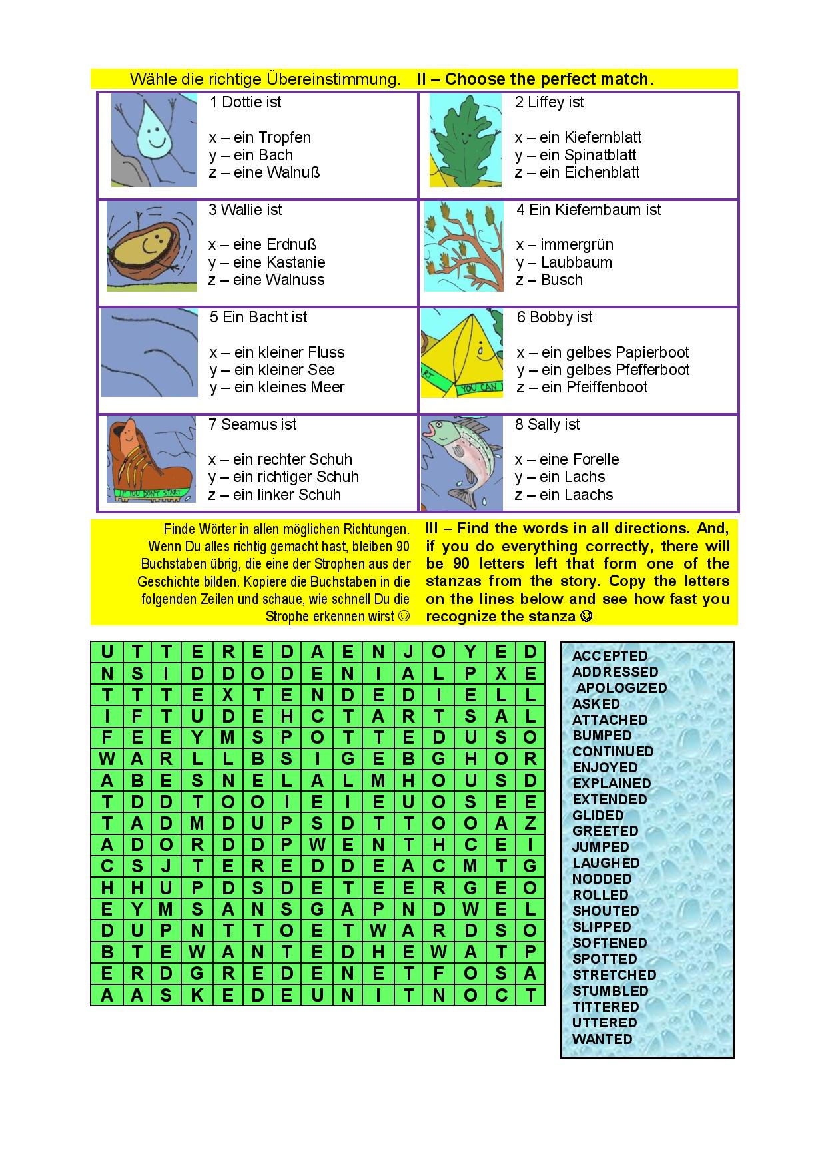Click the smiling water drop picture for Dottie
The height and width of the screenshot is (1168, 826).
pyautogui.click(x=154, y=139)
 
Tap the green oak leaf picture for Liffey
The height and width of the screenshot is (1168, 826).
pyautogui.click(x=465, y=141)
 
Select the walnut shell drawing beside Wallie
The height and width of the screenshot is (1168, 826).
pyautogui.click(x=151, y=246)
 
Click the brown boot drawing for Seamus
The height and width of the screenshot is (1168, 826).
pyautogui.click(x=151, y=459)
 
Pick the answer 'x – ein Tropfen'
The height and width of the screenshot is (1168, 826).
pyautogui.click(x=260, y=138)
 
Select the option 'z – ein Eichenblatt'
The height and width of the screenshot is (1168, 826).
pyautogui.click(x=577, y=173)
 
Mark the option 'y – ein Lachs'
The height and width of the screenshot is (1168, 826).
pyautogui.click(x=560, y=477)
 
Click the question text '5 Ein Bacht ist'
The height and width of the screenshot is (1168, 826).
pyautogui.click(x=258, y=318)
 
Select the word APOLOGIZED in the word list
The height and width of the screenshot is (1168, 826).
pyautogui.click(x=621, y=688)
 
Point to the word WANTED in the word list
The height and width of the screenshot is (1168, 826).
pyautogui.click(x=602, y=1039)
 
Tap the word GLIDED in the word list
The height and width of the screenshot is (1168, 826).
pyautogui.click(x=598, y=816)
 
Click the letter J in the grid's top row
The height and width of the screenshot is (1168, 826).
pyautogui.click(x=408, y=652)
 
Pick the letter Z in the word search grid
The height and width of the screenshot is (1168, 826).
pyautogui.click(x=530, y=824)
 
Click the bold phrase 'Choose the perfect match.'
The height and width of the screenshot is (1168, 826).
pyautogui.click(x=549, y=79)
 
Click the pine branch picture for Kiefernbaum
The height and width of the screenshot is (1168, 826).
pyautogui.click(x=464, y=246)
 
